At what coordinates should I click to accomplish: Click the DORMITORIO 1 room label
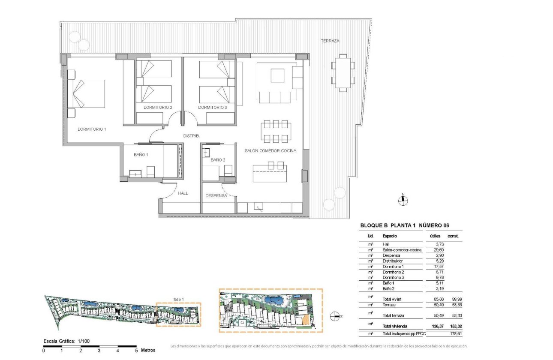point(91,129)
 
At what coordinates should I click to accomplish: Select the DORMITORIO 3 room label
point(213,107)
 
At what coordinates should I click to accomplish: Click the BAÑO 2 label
point(218,160)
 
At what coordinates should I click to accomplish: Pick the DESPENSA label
point(216,195)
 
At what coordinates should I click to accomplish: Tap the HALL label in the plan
point(183,193)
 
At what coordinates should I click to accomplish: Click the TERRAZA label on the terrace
point(330,41)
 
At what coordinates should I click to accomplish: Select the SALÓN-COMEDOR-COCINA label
point(270,150)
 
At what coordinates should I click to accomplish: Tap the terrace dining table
point(343,72)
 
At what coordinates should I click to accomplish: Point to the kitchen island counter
point(270,176)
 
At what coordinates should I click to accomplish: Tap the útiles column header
point(435,236)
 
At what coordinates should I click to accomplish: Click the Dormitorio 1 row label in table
point(394,267)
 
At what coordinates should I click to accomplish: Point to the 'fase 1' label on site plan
point(178,299)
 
